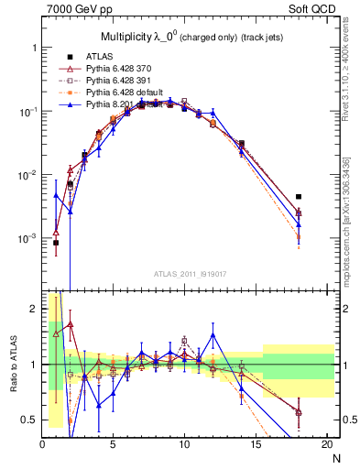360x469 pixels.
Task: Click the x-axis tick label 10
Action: point(184,445)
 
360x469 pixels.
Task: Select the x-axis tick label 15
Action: point(255,445)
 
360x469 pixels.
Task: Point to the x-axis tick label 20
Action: point(325,445)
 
